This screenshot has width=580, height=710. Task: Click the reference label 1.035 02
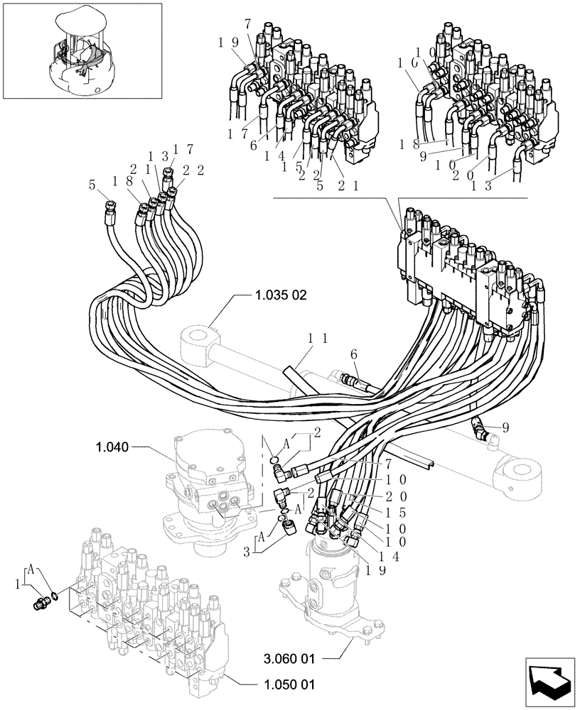point(279,295)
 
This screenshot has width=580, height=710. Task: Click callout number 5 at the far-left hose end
point(92,187)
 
